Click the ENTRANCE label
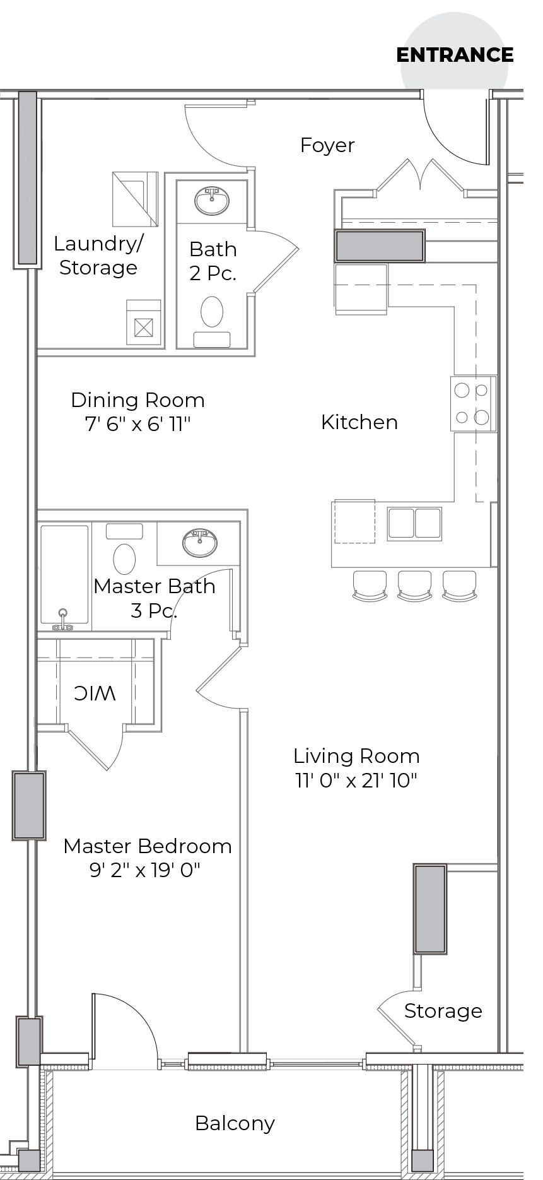tap(455, 56)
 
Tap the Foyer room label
tap(327, 146)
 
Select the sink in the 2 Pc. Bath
tap(212, 201)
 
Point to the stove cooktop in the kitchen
tap(472, 404)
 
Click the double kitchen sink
tap(414, 523)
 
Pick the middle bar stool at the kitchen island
tap(414, 585)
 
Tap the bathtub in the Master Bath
tap(64, 575)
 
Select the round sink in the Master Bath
tap(200, 543)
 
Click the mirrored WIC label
tap(95, 693)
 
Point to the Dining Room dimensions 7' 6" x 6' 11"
tap(137, 424)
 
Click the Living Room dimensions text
tap(356, 781)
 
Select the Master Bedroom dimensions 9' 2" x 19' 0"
tap(145, 871)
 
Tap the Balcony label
tap(235, 1123)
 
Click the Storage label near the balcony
tap(443, 1011)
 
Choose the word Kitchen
tap(359, 422)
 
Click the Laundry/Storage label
tap(98, 256)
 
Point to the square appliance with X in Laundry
tap(144, 327)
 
